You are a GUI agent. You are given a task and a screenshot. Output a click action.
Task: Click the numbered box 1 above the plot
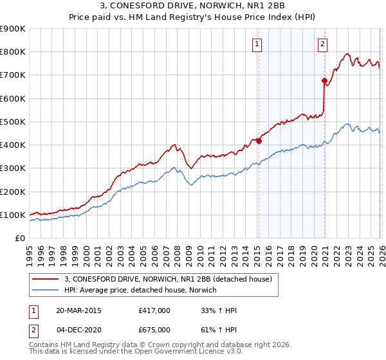point(257,44)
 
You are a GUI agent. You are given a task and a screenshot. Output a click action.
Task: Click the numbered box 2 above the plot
point(322,44)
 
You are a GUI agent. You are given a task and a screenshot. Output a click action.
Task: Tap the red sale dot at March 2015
point(259,141)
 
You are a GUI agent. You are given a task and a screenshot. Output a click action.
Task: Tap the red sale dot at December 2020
point(324,80)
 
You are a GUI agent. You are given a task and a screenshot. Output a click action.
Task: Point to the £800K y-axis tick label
point(13,52)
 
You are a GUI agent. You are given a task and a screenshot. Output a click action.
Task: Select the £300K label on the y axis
point(13,168)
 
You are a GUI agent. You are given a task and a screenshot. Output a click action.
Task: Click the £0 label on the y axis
point(19,239)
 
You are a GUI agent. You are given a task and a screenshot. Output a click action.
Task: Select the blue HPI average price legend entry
point(140,290)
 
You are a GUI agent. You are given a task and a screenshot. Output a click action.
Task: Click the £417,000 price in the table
point(154,310)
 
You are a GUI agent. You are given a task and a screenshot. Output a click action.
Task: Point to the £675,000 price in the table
point(154,329)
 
